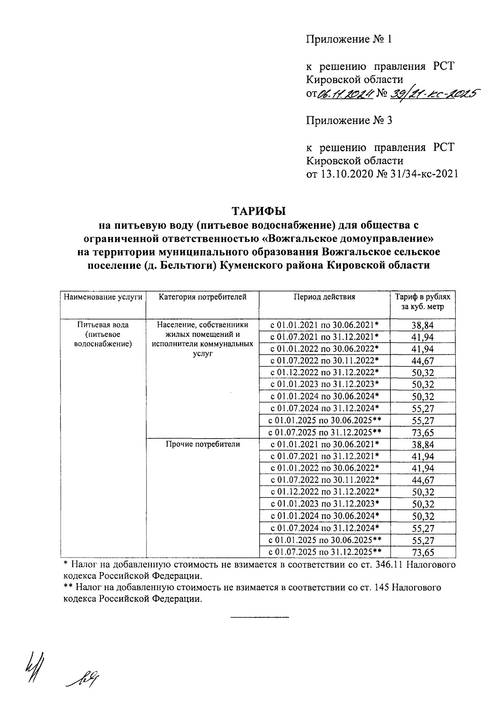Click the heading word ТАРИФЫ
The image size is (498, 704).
259,211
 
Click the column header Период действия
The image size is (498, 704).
325,297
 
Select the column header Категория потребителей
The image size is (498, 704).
203,297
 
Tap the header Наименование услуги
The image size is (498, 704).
103,297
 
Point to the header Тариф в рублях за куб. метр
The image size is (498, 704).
422,302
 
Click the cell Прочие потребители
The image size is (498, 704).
203,444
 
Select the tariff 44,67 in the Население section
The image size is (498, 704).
423,361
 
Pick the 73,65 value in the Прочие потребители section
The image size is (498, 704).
423,552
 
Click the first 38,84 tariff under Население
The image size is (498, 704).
423,325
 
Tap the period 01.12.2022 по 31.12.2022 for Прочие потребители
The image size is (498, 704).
325,492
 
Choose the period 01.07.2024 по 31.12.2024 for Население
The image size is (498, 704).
325,408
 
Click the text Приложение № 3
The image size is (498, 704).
349,121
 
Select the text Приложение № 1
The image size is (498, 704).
349,39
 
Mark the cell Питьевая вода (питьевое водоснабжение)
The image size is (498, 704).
103,334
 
